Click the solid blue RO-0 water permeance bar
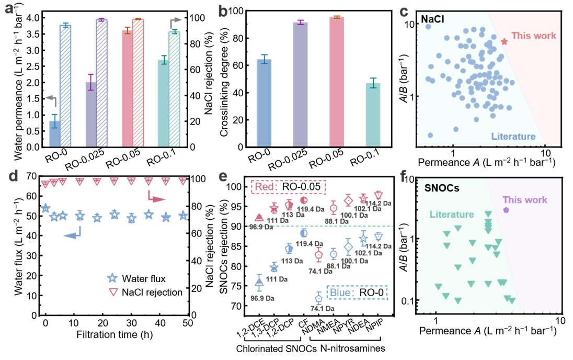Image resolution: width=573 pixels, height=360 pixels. point(53,133)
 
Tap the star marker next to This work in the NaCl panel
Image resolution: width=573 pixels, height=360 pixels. point(504,41)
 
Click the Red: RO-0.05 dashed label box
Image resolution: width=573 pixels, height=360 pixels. point(289,186)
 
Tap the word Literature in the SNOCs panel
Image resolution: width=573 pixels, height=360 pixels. point(452,215)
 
